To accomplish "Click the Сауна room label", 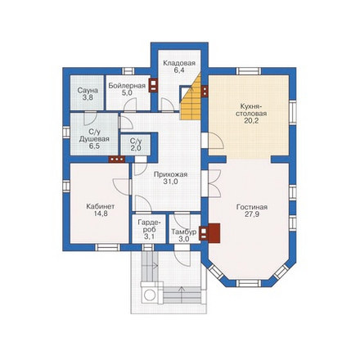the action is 88,90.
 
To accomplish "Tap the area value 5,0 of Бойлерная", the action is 127,93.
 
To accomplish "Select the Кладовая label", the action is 179,63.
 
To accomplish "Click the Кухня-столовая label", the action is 251,110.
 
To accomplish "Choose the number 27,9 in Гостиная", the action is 252,214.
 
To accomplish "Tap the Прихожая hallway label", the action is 170,174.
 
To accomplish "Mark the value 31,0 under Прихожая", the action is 170,182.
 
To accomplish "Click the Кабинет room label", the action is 101,206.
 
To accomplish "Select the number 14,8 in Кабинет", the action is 101,214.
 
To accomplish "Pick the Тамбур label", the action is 183,232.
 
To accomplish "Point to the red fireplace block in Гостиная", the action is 214,233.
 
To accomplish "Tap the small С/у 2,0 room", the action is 136,144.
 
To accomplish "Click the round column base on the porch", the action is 149,295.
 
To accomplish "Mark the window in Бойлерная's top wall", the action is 128,71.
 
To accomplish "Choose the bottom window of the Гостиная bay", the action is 249,283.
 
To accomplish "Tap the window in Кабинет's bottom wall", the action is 107,247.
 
